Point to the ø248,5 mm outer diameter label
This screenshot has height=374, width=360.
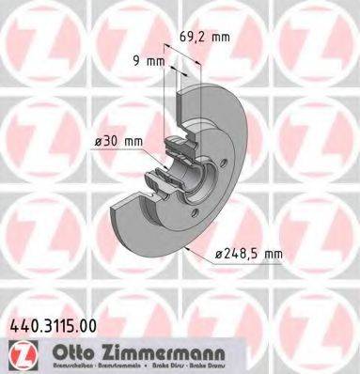[x=246, y=252]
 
